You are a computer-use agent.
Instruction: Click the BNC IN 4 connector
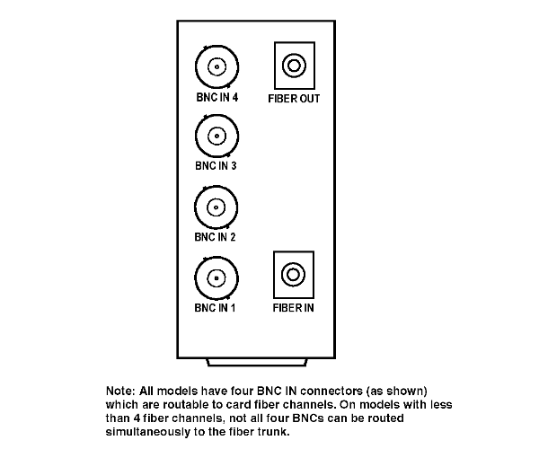click(x=216, y=67)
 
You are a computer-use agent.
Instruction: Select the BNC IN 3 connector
click(x=216, y=136)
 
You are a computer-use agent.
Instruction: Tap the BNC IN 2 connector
click(x=216, y=207)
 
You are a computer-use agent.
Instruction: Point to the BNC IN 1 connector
click(x=216, y=277)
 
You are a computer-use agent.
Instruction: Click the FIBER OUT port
click(x=295, y=66)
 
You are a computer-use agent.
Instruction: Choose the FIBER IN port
click(x=294, y=275)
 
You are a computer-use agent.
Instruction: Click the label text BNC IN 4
click(x=216, y=98)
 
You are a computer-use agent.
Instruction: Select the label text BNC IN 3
click(x=216, y=166)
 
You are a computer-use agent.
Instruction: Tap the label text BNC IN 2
click(x=216, y=237)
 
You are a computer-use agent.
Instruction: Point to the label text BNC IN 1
click(x=215, y=308)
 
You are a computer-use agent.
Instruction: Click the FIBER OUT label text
click(x=294, y=99)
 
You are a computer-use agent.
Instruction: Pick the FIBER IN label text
click(x=293, y=308)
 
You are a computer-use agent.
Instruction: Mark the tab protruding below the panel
click(x=257, y=363)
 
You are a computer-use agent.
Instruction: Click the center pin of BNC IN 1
click(x=216, y=278)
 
